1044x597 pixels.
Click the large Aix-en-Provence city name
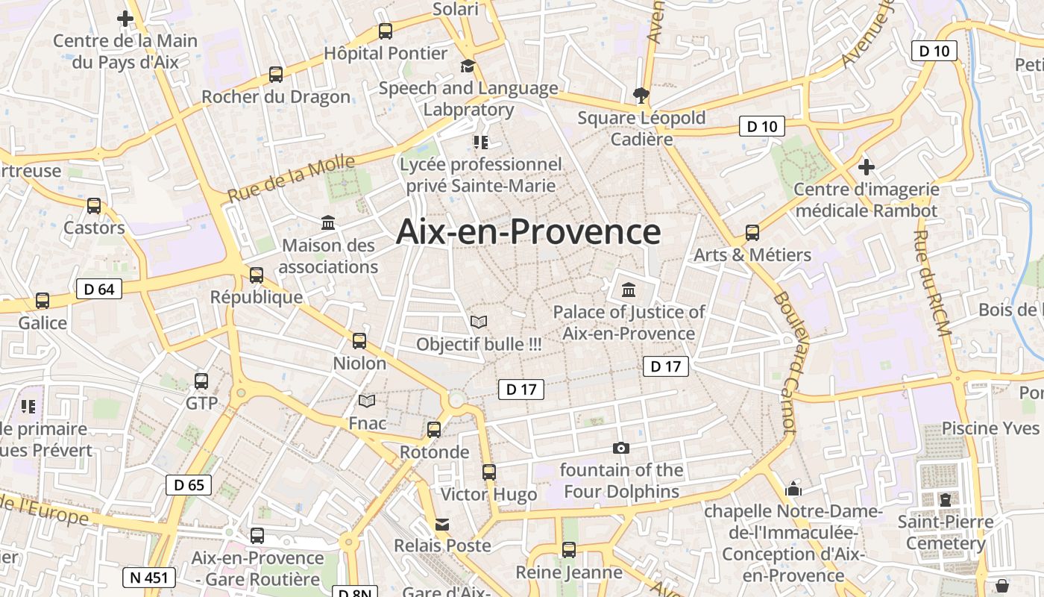(x=528, y=232)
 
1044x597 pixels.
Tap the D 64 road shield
(x=99, y=289)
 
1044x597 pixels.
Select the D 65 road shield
(x=189, y=485)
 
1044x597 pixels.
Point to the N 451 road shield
(x=149, y=577)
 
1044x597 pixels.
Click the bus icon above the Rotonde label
(x=434, y=430)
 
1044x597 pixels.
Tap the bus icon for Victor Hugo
(x=488, y=472)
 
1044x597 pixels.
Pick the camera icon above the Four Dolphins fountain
(x=620, y=448)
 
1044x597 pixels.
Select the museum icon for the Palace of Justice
(x=629, y=290)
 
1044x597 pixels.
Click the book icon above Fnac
(x=367, y=401)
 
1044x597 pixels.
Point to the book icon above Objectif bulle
(x=479, y=322)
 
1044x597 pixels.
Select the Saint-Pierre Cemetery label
(x=946, y=532)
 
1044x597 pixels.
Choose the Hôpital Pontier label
(x=386, y=54)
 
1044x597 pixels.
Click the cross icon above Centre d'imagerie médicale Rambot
(x=866, y=166)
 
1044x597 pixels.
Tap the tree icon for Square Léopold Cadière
(x=640, y=96)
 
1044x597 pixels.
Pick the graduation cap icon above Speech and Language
(x=468, y=66)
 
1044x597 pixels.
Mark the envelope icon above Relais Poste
(x=442, y=524)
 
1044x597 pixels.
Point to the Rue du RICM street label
(x=931, y=283)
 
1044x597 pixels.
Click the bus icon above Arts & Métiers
(x=752, y=233)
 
